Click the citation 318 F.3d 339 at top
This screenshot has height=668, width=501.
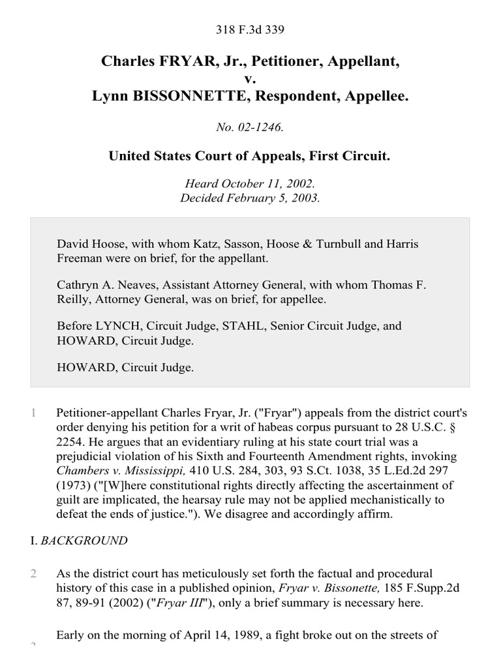250,29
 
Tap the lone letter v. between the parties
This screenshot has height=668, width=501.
250,79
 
